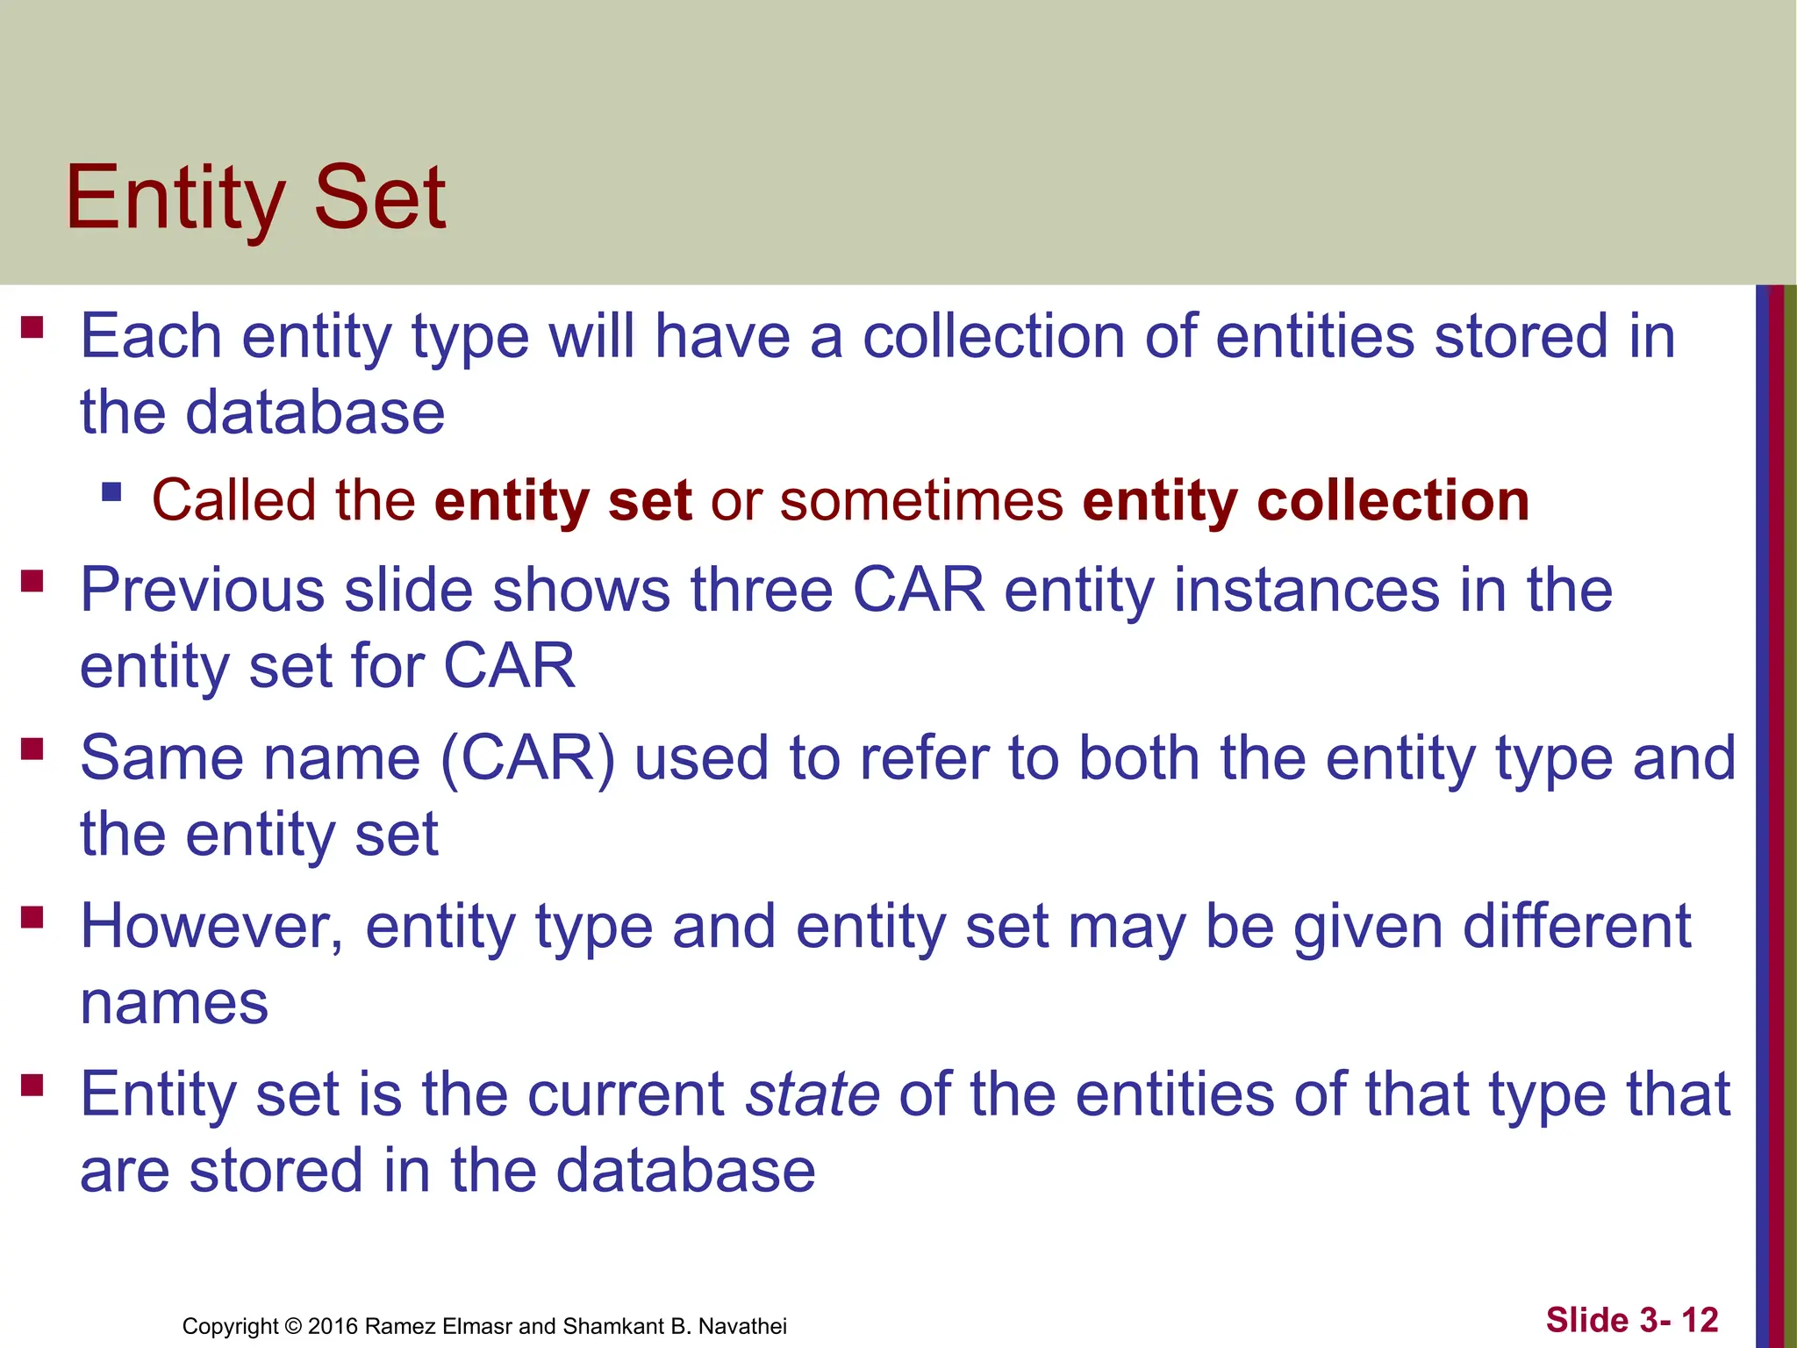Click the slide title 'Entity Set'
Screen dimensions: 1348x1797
[x=255, y=197]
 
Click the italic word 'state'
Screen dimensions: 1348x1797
[x=812, y=1094]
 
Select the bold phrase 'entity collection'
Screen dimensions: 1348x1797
[x=1306, y=500]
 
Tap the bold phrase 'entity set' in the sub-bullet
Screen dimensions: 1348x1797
[x=562, y=500]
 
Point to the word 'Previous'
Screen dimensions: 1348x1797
[x=203, y=590]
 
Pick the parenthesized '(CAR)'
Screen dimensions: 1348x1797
[x=527, y=758]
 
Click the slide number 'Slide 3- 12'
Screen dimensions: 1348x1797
[x=1631, y=1320]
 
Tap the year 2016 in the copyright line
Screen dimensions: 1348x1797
[x=333, y=1326]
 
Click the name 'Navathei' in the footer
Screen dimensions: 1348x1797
[x=742, y=1326]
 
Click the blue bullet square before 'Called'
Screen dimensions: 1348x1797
[x=111, y=491]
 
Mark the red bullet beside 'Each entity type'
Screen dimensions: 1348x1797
[x=32, y=327]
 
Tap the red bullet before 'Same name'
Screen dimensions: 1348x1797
[x=32, y=749]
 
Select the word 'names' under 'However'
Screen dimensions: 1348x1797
[x=174, y=1003]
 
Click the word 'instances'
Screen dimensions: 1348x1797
[x=1307, y=590]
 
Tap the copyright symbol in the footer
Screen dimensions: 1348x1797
[x=293, y=1326]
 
